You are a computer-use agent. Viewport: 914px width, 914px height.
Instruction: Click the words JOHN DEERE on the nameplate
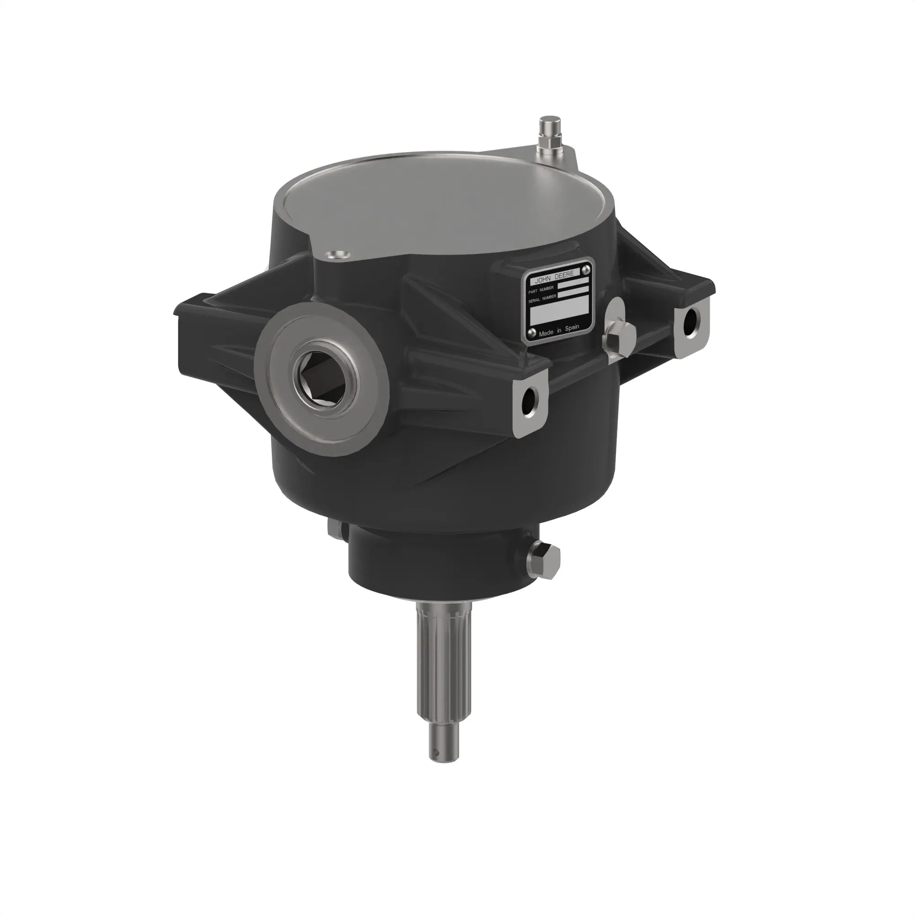click(x=554, y=275)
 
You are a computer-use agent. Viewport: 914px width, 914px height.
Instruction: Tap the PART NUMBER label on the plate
click(x=541, y=290)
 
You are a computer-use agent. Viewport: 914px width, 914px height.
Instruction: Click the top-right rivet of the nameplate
click(x=586, y=269)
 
